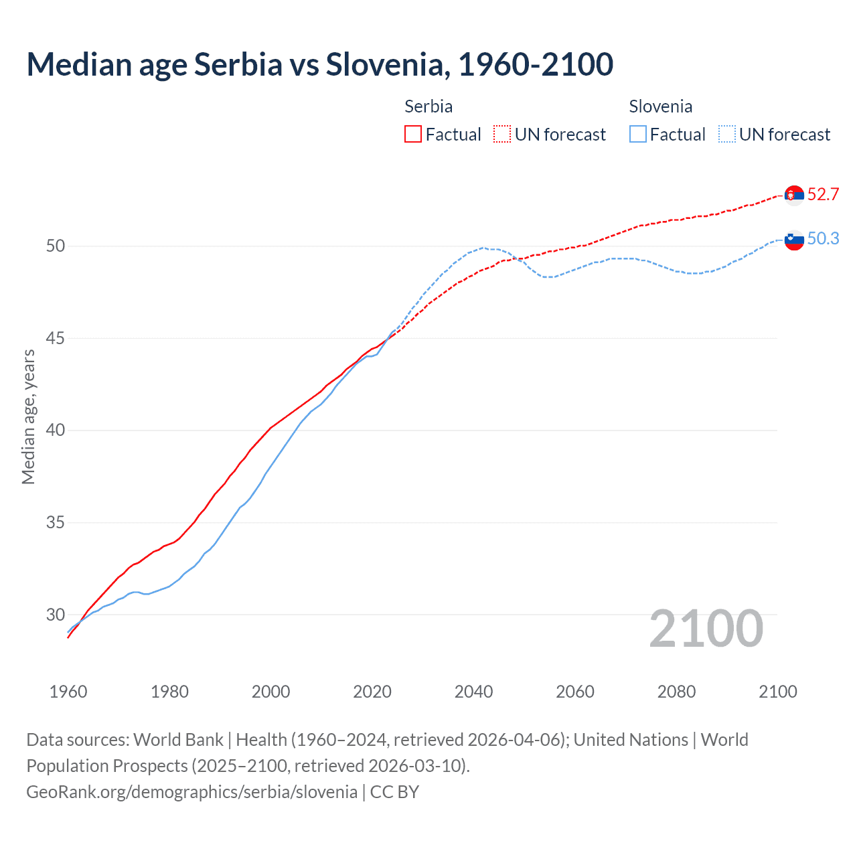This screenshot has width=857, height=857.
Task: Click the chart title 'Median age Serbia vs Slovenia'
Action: (319, 64)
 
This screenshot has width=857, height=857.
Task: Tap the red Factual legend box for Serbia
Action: (413, 134)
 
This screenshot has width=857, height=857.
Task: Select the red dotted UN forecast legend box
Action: (502, 134)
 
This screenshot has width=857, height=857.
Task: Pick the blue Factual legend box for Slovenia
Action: (638, 134)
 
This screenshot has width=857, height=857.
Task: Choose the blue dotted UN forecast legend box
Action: (726, 134)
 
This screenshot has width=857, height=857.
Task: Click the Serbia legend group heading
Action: (428, 106)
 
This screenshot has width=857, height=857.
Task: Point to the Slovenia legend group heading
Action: (660, 106)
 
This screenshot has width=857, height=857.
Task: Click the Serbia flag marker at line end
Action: (794, 195)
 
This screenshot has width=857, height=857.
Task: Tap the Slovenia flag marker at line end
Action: (794, 240)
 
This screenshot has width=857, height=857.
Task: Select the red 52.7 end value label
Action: (823, 194)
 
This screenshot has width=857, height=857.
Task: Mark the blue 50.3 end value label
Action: (823, 238)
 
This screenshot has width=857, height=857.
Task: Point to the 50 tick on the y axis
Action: (56, 246)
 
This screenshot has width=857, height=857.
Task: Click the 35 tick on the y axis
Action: (56, 522)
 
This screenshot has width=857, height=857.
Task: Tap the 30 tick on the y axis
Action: (56, 615)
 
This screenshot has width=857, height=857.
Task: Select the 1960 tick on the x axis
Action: (68, 692)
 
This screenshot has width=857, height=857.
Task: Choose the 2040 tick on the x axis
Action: (473, 692)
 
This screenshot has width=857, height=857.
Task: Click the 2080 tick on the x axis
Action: (676, 692)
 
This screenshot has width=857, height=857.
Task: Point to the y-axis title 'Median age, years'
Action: (28, 416)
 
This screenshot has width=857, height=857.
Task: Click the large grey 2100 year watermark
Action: (706, 628)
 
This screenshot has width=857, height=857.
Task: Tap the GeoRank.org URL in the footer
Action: (191, 791)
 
